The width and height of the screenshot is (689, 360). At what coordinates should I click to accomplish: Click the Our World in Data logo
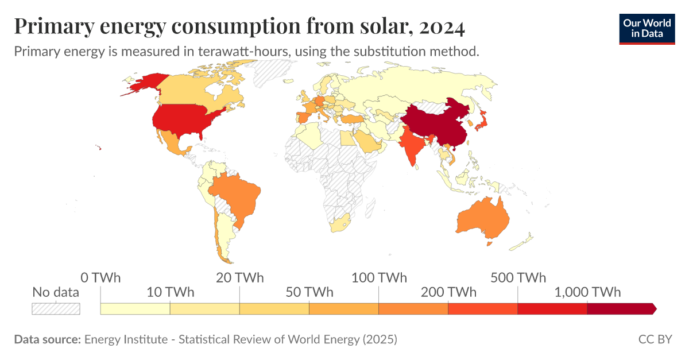(647, 28)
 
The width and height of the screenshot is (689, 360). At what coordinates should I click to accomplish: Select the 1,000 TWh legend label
(587, 292)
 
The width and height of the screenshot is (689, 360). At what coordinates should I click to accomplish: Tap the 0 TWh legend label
(100, 278)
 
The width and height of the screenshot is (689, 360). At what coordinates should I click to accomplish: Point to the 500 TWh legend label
(518, 278)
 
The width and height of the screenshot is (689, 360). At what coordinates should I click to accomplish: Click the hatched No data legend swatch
(56, 308)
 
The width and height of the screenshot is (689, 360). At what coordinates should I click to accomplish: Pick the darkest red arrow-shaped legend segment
(621, 308)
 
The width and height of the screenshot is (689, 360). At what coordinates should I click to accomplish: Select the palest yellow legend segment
(135, 308)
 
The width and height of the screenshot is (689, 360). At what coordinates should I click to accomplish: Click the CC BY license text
(655, 339)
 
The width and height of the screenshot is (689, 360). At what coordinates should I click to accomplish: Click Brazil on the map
(235, 195)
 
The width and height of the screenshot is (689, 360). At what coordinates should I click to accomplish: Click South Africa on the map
(339, 224)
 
